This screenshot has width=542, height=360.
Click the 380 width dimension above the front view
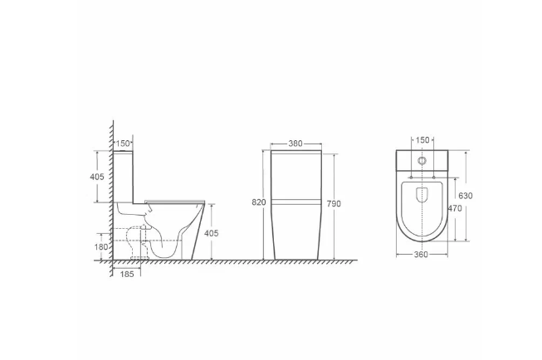295,144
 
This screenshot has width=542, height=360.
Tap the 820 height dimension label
259,202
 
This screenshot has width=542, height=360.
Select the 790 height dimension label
334,204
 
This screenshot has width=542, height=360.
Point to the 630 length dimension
466,196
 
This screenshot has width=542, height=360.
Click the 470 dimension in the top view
455,208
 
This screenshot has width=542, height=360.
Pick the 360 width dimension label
421,255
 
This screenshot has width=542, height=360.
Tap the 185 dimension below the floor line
127,275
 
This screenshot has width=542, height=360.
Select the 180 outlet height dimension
101,247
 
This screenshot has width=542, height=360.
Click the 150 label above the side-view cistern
123,144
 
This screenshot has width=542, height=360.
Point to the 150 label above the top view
422,140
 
